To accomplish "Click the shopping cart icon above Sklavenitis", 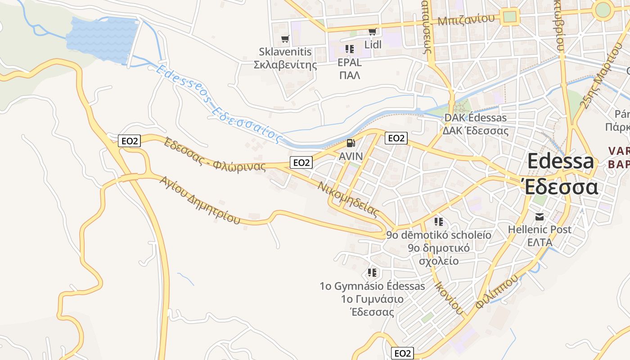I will (284, 39).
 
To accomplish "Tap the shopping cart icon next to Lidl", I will (372, 31).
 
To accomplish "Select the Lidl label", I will (373, 45).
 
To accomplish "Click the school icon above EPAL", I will (350, 49).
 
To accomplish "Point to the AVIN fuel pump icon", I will (351, 144).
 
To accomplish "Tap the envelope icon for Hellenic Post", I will (540, 217).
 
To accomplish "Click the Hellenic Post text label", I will (540, 229).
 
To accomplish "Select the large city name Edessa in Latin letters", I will (560, 162).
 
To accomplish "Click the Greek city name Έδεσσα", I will (561, 187).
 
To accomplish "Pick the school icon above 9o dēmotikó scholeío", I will (439, 222).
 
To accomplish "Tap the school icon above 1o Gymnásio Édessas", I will (372, 273).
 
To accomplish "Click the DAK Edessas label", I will (475, 118).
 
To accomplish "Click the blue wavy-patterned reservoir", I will (103, 40).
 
